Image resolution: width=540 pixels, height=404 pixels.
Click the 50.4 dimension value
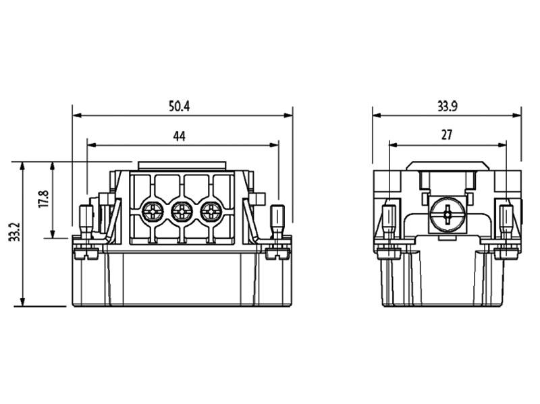coord(179,106)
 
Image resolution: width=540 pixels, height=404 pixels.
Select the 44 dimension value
coord(179,136)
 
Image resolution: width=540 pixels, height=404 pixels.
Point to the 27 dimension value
coord(447,135)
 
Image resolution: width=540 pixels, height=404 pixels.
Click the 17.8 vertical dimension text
coord(43,199)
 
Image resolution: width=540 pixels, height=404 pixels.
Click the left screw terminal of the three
coord(152,212)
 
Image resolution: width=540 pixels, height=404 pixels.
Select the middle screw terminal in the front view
coord(182,212)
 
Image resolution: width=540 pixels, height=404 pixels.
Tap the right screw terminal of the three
coord(211,212)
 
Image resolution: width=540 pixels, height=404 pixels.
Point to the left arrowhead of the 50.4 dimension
coord(76,115)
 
